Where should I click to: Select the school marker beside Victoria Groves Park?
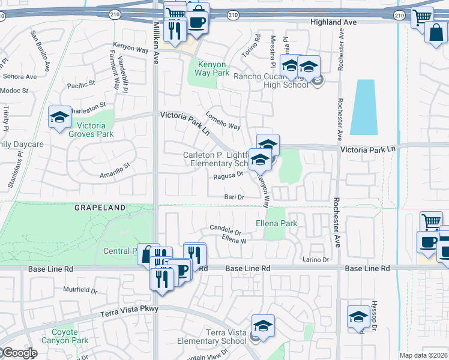(x=60, y=119)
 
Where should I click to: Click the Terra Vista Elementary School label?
(x=217, y=337)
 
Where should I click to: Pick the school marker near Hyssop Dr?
(x=358, y=318)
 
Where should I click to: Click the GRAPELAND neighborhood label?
(x=100, y=208)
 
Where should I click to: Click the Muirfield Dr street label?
(x=80, y=290)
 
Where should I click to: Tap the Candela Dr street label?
(x=225, y=229)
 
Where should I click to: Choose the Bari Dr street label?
(x=234, y=197)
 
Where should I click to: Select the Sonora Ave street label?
(x=19, y=77)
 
